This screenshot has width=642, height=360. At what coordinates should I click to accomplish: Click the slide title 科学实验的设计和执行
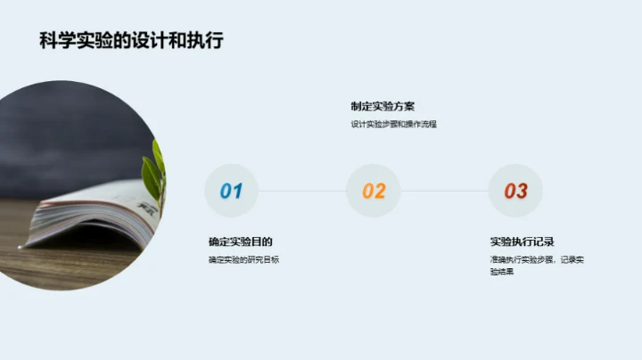pos(131,41)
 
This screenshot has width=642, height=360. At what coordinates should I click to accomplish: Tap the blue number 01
pos(231,191)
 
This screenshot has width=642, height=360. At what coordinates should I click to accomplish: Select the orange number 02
pos(374,191)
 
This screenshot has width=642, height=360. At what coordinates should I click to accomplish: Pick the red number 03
pos(515,191)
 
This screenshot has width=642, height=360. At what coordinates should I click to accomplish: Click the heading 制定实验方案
pos(383,106)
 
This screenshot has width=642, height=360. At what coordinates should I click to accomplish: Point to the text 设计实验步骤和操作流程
pos(393,125)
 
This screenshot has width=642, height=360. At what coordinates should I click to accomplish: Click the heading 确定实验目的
pos(240,241)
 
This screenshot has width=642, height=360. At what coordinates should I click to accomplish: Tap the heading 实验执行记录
pos(523,241)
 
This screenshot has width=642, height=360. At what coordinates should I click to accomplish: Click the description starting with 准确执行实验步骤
pos(535,259)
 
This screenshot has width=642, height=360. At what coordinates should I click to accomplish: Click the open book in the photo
pos(89,218)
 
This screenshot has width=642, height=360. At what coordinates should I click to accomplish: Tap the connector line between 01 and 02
pos(302,191)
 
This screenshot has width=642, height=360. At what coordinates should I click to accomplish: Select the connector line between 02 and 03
pos(445,191)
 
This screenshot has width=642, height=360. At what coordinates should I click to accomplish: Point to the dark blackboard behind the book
pos(80,134)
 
